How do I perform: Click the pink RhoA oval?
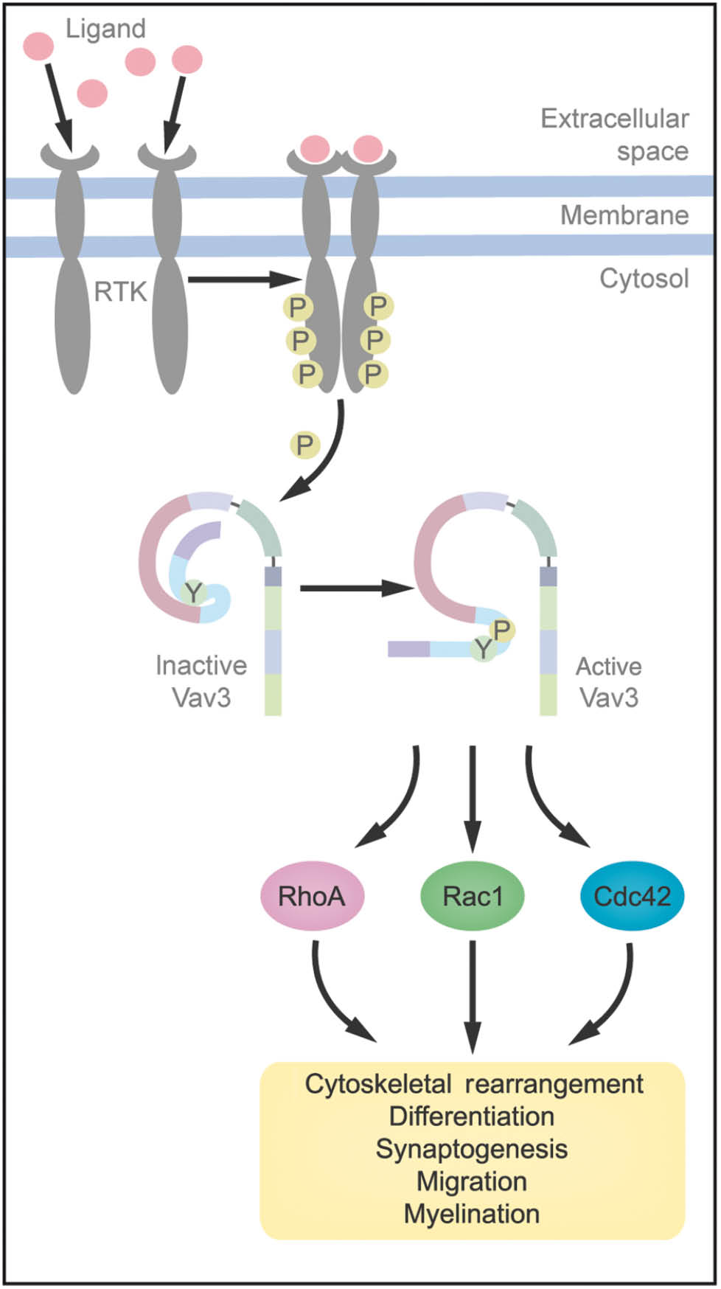[312, 896]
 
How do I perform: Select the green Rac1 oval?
[472, 896]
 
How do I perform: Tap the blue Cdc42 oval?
[632, 896]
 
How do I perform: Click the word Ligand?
[105, 29]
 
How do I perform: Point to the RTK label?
[120, 292]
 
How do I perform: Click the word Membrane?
[624, 215]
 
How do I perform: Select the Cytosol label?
[644, 279]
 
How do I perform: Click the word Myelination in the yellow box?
[472, 1213]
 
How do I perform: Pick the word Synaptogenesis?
[472, 1148]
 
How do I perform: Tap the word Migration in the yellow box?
[472, 1181]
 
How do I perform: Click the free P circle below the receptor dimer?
[304, 445]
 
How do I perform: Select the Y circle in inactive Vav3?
[193, 592]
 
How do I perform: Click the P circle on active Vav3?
[503, 630]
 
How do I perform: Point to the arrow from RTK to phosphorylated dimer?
[243, 279]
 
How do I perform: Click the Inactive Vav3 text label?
[201, 681]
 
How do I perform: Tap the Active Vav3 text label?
[608, 681]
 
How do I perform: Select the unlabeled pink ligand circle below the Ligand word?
[92, 94]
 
